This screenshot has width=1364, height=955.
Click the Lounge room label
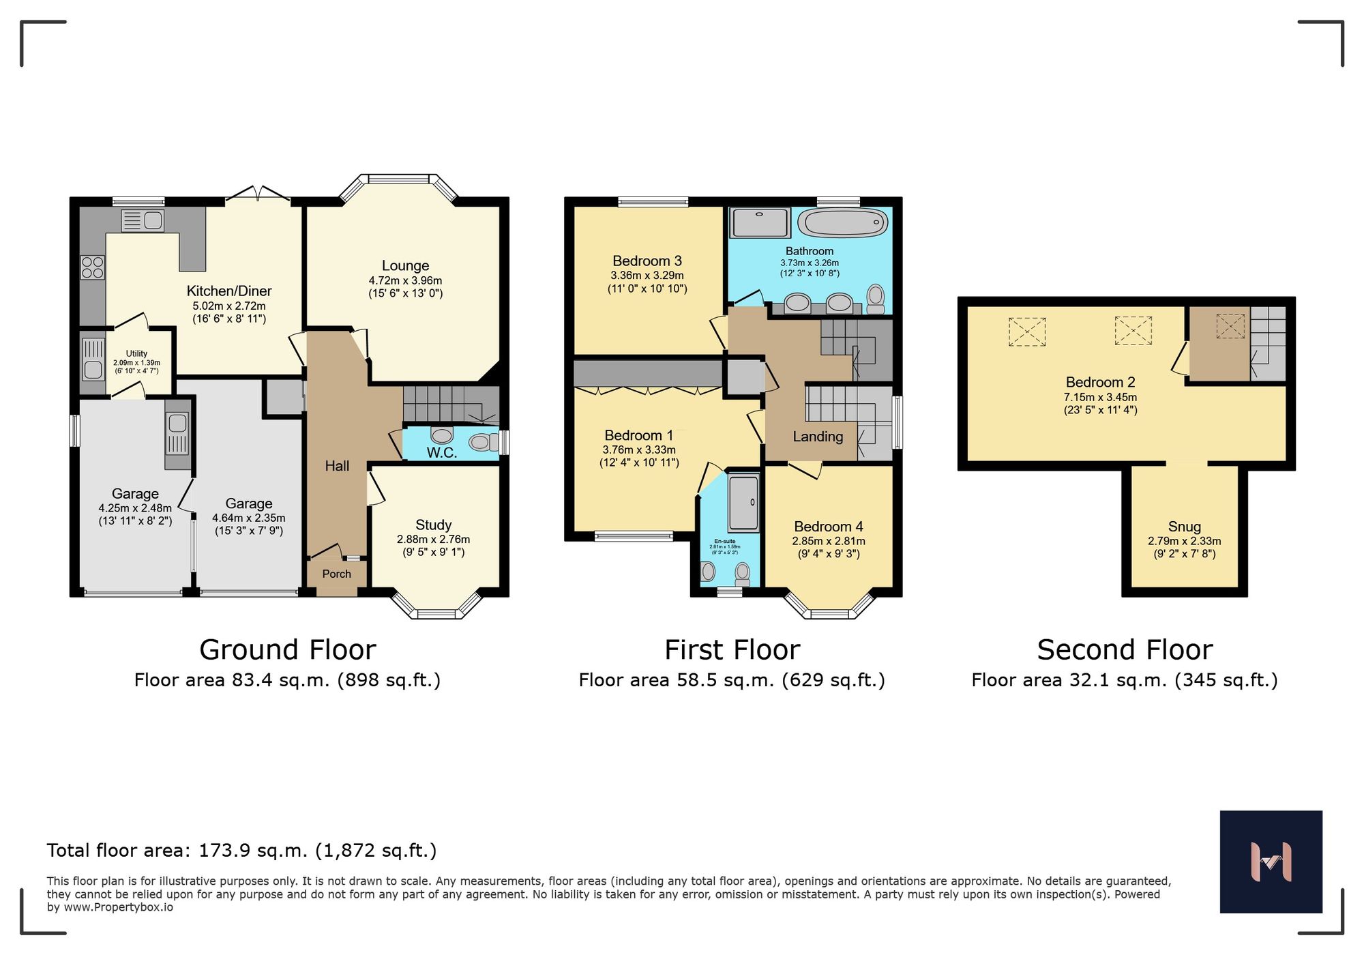tap(405, 266)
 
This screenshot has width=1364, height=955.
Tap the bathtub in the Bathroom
tap(843, 223)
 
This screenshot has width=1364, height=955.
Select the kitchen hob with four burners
tap(93, 267)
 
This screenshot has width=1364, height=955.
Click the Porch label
tap(336, 574)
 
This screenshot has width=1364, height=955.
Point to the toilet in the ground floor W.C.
tap(483, 443)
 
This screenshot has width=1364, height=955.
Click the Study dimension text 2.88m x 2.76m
tap(433, 540)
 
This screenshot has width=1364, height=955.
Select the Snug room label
tap(1184, 527)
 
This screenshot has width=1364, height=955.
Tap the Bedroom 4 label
tap(828, 527)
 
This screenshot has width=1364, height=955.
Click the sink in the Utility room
tap(93, 370)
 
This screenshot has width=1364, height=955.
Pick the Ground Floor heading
tap(287, 649)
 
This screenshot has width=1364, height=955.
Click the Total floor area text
tap(241, 851)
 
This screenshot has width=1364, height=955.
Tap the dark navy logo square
tap(1271, 862)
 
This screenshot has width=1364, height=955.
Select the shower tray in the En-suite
tap(743, 503)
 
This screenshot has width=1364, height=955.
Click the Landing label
tap(817, 437)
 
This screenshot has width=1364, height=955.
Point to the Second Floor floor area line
tap(1124, 680)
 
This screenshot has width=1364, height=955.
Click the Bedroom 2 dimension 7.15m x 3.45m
tap(1100, 397)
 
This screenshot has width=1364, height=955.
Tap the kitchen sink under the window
tap(143, 220)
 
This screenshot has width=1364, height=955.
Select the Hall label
tap(337, 466)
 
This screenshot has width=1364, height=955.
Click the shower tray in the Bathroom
tap(760, 222)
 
